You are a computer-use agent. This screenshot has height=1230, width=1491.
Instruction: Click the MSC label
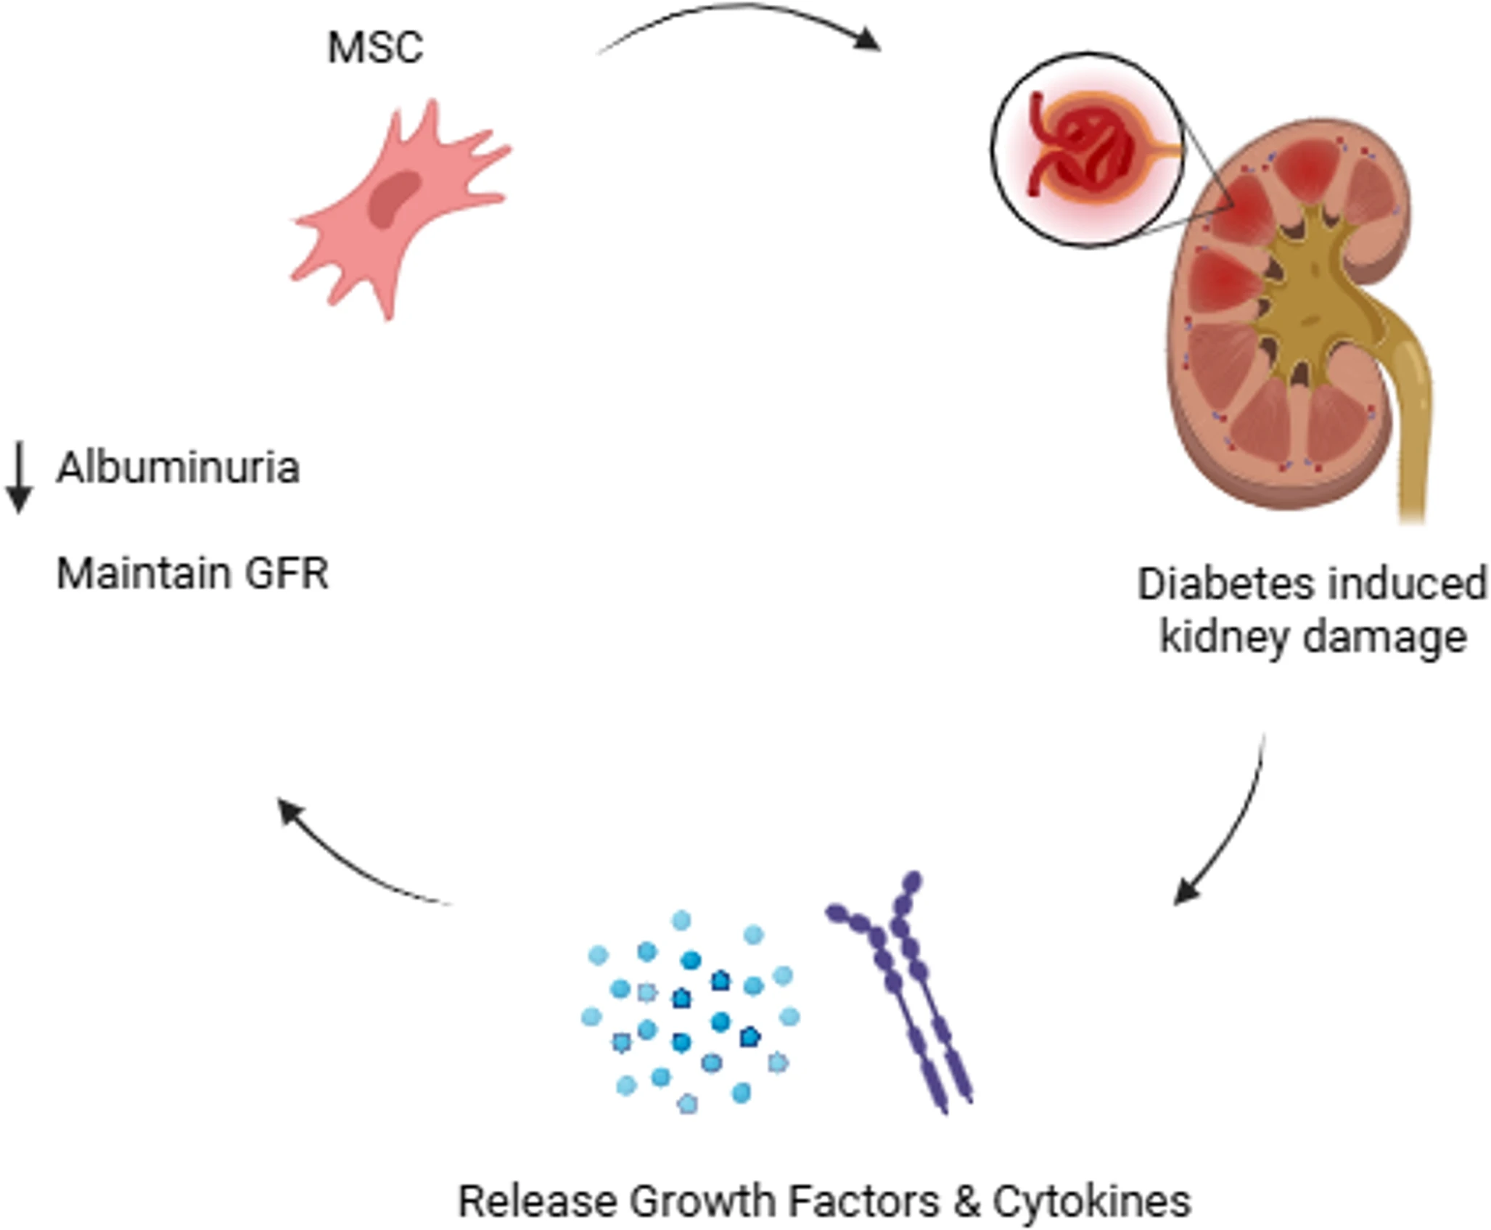pyautogui.click(x=374, y=48)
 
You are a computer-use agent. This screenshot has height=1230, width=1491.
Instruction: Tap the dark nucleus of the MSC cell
pyautogui.click(x=394, y=198)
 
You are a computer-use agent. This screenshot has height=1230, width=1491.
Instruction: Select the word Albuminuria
pyautogui.click(x=178, y=467)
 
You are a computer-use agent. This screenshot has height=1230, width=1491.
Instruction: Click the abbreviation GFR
pyautogui.click(x=286, y=574)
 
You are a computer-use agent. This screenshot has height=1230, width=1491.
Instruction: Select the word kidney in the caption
pyautogui.click(x=1224, y=638)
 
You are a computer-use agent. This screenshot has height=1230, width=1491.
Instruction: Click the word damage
pyautogui.click(x=1385, y=638)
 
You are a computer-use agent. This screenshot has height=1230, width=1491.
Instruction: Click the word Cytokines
pyautogui.click(x=1092, y=1202)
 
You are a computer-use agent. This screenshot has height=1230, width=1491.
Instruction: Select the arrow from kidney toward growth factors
pyautogui.click(x=1233, y=827)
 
